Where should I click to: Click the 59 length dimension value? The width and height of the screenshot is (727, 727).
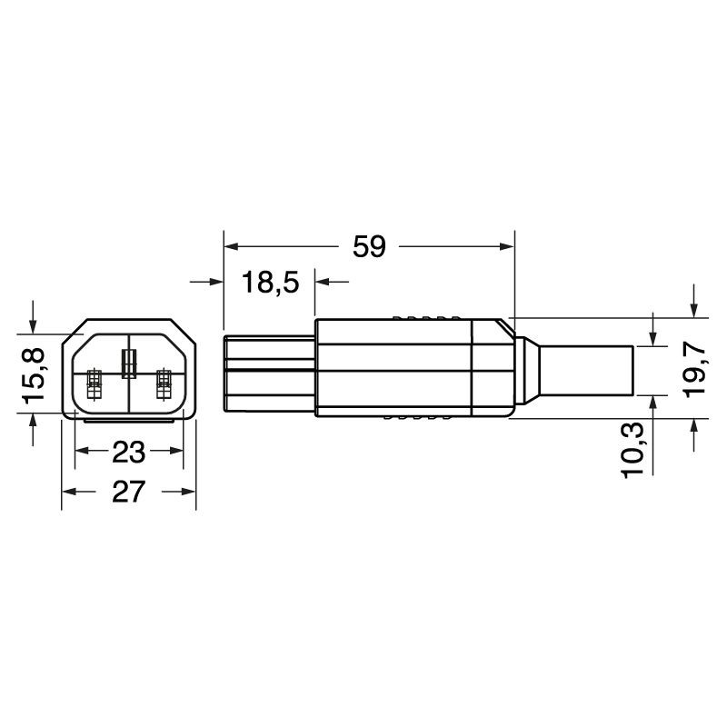point(369,246)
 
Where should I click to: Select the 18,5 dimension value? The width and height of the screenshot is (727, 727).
point(270,282)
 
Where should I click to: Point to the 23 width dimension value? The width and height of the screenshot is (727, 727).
point(128,452)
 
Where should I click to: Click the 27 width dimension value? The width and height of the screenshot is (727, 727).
point(128,492)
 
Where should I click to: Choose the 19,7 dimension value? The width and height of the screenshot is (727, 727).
point(694,370)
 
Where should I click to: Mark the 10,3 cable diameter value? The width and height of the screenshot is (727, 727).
point(632,450)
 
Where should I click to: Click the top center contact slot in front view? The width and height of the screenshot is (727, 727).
point(129,363)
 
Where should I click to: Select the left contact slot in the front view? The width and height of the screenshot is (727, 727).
point(95,384)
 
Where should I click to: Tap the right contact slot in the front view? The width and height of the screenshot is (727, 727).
point(164,384)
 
